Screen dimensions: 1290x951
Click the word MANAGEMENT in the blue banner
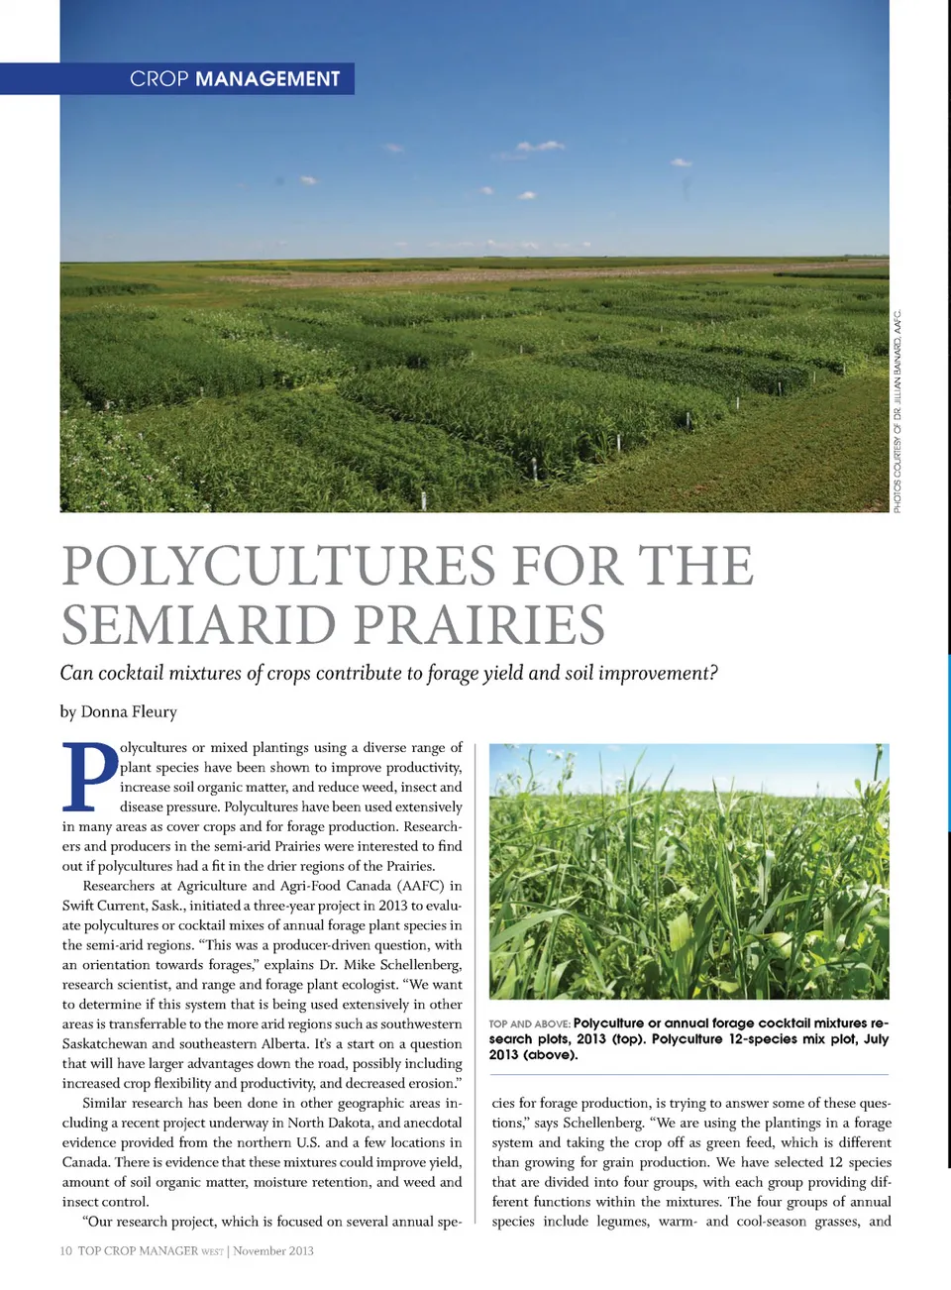click(267, 79)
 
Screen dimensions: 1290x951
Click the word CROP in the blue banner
click(158, 79)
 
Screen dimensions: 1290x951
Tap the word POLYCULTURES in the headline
click(278, 567)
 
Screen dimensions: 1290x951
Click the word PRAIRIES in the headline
click(479, 625)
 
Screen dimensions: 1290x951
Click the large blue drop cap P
click(89, 776)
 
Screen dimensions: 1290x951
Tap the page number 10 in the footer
click(66, 1251)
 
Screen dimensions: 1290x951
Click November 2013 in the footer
click(273, 1251)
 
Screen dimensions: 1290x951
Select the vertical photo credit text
click(898, 411)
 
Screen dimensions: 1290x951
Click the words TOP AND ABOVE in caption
click(529, 1023)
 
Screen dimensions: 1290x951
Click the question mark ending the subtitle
click(713, 674)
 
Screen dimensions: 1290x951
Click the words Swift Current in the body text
click(104, 906)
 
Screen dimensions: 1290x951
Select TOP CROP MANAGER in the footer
click(139, 1251)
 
